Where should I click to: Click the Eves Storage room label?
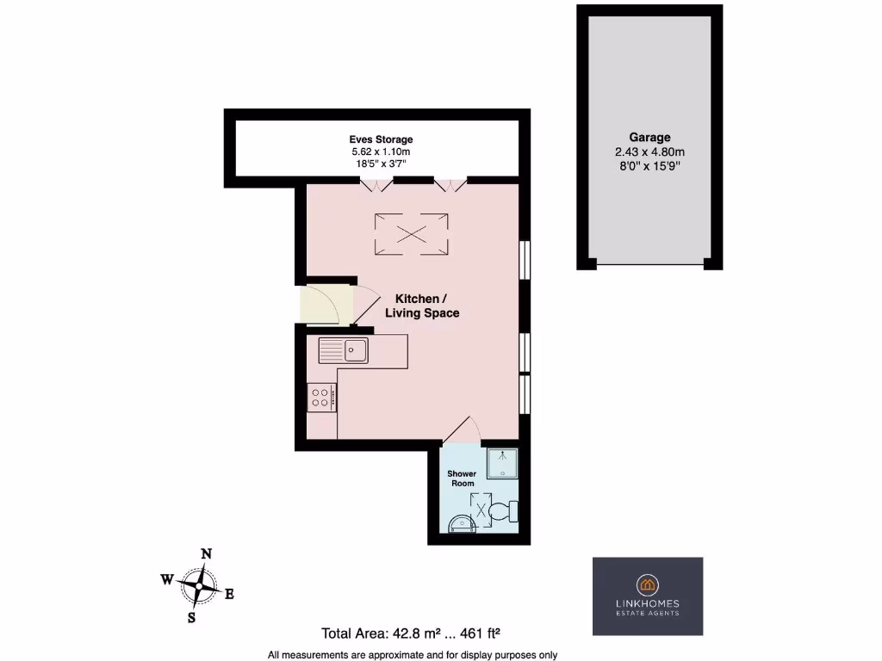coord(381,139)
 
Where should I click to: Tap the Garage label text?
coord(649,137)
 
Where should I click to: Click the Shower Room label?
coord(461,479)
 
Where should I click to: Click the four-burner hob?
coord(322,397)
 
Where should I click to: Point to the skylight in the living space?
coord(411,233)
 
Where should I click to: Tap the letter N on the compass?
coord(207,554)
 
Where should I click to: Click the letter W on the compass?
coord(166,579)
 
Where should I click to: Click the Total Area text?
coord(411,633)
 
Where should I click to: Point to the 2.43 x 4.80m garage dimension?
coord(649,152)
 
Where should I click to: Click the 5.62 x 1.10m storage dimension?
coord(381,152)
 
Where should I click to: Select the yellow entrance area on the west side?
coord(325,304)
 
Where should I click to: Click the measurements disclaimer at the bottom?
coord(413,653)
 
